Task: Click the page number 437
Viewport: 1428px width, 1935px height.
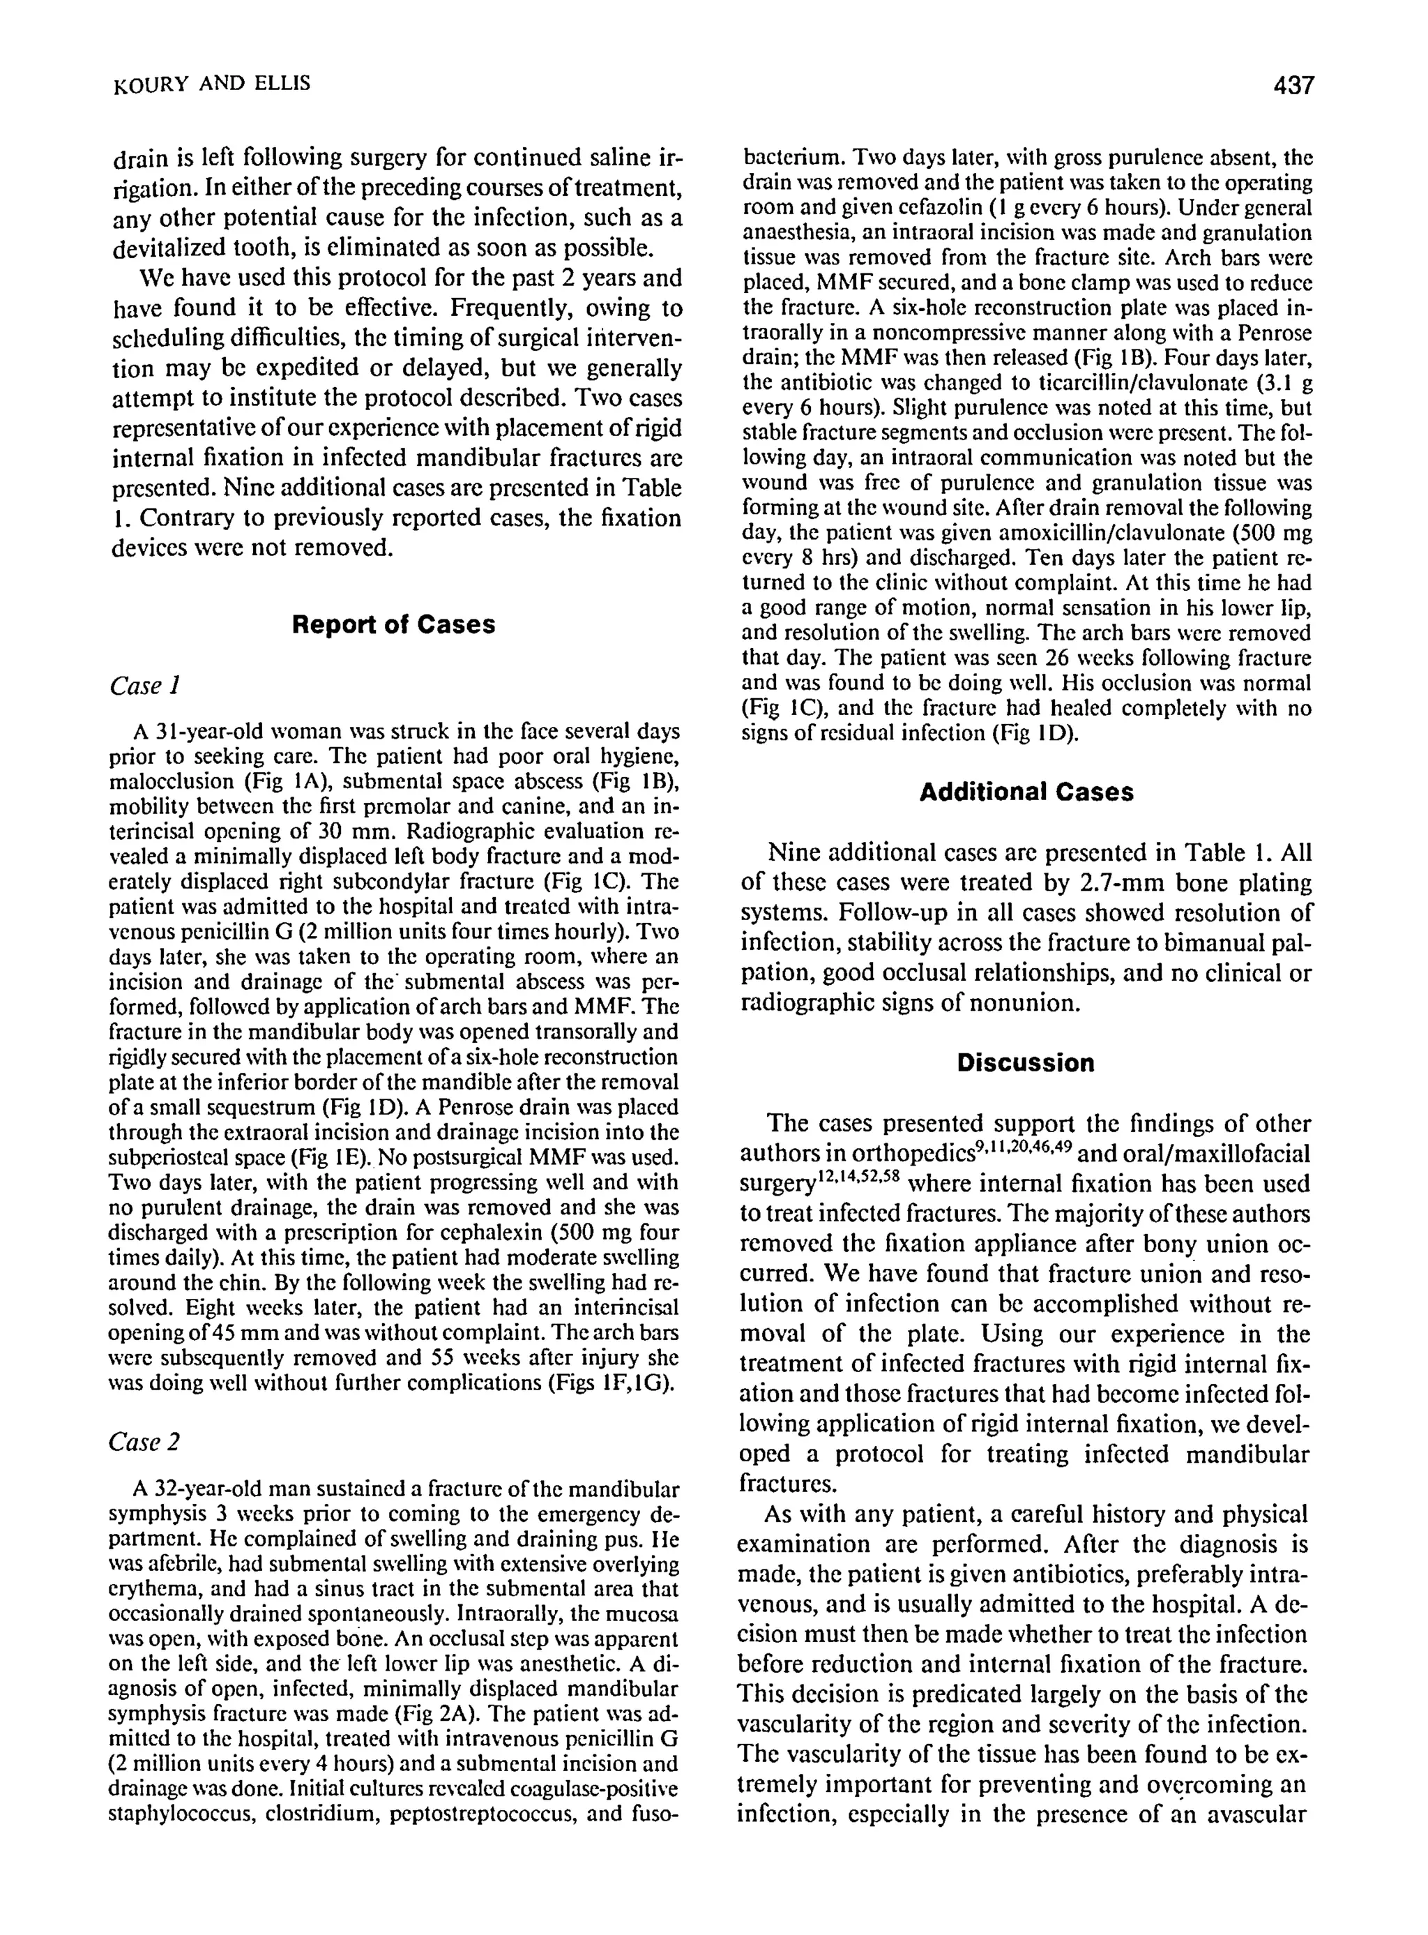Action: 1292,86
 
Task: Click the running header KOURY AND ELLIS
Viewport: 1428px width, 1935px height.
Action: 212,84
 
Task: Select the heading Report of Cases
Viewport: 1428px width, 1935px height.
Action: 393,624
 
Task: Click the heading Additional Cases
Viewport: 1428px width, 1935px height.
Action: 1026,792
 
